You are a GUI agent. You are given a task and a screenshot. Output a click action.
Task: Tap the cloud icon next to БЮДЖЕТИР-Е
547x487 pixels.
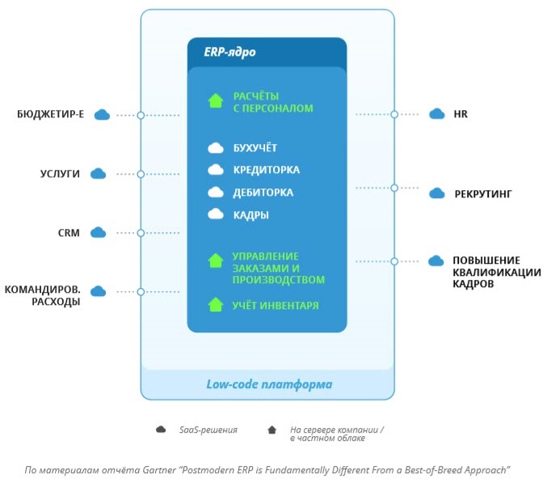tap(102, 115)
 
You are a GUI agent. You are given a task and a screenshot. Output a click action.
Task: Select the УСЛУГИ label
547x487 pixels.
tap(61, 173)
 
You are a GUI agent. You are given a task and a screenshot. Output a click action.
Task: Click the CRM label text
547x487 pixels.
tap(69, 232)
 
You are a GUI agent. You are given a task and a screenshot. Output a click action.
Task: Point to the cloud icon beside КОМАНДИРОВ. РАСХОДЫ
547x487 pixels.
tap(99, 290)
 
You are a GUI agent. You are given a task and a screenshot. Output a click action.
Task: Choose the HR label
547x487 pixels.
tap(461, 114)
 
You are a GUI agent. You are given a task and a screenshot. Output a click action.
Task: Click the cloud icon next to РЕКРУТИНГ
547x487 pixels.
tap(436, 193)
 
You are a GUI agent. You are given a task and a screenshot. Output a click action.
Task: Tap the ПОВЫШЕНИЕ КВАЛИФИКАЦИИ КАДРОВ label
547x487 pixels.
tap(496, 272)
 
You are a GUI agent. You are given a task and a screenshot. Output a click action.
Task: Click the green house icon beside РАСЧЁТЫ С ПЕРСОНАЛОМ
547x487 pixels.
tap(215, 101)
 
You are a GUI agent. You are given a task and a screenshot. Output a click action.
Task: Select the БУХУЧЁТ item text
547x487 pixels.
tap(255, 148)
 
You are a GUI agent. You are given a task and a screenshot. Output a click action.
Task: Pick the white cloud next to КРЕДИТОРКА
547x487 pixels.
tap(216, 170)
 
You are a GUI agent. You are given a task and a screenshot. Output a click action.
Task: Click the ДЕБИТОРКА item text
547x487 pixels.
tap(263, 193)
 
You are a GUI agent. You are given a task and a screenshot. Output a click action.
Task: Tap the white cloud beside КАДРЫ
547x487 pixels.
tap(216, 214)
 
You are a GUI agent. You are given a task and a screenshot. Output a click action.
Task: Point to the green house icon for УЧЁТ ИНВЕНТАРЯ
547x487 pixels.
tap(215, 305)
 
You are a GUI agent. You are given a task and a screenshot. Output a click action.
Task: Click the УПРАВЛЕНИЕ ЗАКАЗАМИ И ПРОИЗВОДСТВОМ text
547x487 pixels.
tap(278, 268)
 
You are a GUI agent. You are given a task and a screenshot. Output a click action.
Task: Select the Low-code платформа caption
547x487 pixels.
tap(268, 383)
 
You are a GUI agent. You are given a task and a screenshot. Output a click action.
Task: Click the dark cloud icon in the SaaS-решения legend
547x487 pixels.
tap(161, 430)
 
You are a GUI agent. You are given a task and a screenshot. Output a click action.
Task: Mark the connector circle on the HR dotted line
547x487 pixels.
tap(394, 114)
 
